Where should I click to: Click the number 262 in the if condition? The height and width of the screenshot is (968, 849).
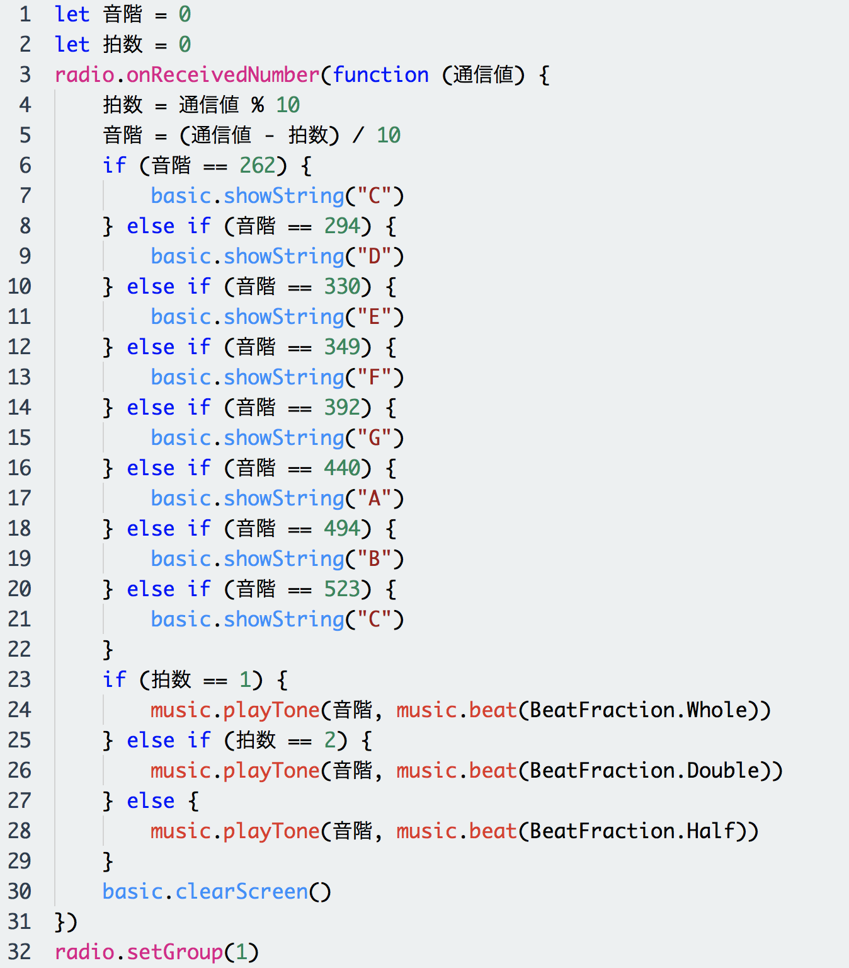(258, 165)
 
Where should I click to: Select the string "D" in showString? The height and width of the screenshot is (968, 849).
(374, 256)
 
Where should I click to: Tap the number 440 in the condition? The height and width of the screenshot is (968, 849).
(342, 468)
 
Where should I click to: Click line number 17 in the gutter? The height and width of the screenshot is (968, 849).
(20, 498)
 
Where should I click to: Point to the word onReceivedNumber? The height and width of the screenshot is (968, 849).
(222, 74)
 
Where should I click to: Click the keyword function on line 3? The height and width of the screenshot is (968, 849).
(380, 74)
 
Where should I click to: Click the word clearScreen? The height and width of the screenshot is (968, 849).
(242, 892)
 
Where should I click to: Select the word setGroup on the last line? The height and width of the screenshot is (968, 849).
(174, 952)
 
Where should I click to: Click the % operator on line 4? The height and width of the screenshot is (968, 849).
(258, 105)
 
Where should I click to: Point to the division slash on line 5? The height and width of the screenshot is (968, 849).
(358, 135)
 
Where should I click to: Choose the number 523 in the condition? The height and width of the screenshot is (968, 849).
(342, 589)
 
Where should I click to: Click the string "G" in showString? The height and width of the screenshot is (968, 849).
(374, 437)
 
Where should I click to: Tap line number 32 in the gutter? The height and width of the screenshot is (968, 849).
(20, 952)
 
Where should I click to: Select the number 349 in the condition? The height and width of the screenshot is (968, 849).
(342, 347)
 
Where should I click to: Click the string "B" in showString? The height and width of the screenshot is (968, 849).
(374, 558)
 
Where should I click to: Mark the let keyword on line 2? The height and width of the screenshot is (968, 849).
(72, 44)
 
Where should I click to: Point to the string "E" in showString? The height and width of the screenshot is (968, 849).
(374, 317)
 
